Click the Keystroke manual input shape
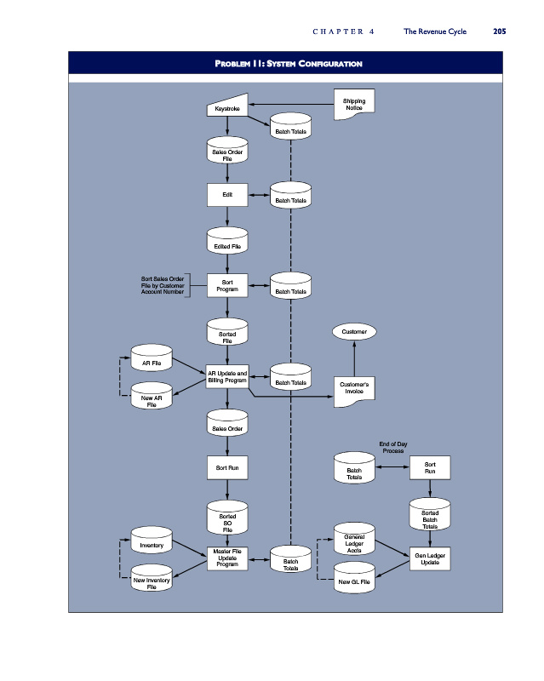[227, 106]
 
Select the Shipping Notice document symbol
[354, 104]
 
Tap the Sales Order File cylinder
[227, 151]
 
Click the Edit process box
[227, 195]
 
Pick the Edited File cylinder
[227, 240]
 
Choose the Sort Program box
[227, 285]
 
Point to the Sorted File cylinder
[227, 331]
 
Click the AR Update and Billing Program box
[227, 376]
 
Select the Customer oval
[354, 332]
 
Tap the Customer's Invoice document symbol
[354, 392]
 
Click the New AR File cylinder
[152, 396]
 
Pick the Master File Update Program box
[227, 558]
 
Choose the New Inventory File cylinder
[152, 578]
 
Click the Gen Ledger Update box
[430, 558]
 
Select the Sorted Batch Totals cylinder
[430, 514]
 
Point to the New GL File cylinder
[354, 577]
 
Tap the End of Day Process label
[393, 448]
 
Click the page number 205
[500, 31]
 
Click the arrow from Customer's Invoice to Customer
[354, 358]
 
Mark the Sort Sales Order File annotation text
[163, 285]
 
